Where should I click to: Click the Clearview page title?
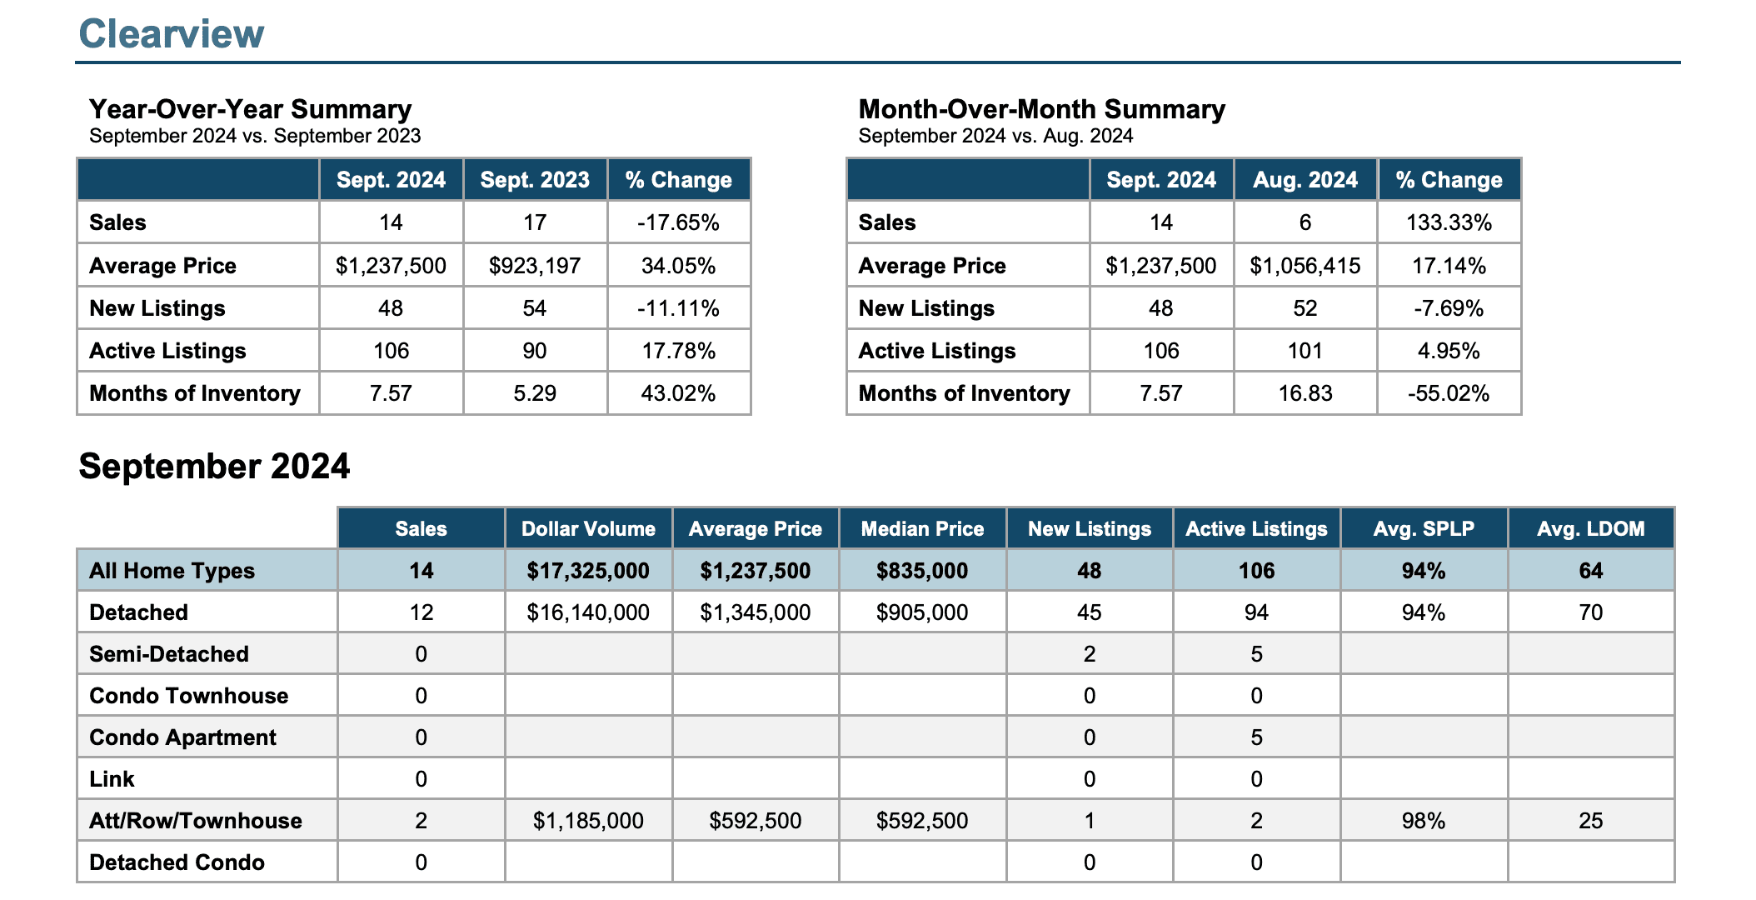click(x=171, y=34)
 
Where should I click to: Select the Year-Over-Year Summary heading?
click(x=250, y=109)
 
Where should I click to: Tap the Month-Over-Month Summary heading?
click(x=1041, y=109)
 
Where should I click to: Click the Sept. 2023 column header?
click(x=535, y=180)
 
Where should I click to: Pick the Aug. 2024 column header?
click(x=1305, y=180)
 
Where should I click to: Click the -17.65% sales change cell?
click(x=678, y=222)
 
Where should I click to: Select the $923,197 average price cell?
click(x=535, y=266)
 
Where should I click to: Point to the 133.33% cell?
click(x=1449, y=222)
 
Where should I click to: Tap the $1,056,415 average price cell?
click(x=1305, y=266)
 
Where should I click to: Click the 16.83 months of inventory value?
click(x=1305, y=393)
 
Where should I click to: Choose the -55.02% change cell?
click(x=1449, y=393)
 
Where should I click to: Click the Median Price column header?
click(x=922, y=529)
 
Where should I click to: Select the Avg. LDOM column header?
click(x=1590, y=529)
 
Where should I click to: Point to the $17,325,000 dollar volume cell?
click(x=588, y=571)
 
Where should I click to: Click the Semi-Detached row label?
click(x=169, y=654)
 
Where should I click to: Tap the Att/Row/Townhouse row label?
click(x=196, y=821)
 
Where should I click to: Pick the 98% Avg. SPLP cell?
click(x=1424, y=821)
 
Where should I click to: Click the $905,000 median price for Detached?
click(x=922, y=612)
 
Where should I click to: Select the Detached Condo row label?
click(x=177, y=862)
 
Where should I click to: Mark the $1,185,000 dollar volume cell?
click(x=588, y=821)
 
